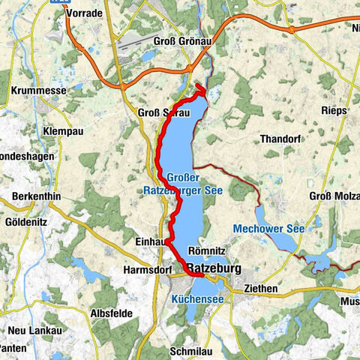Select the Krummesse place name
click(x=36, y=89)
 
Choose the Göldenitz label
click(x=27, y=223)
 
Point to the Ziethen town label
click(x=261, y=288)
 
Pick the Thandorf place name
click(x=279, y=139)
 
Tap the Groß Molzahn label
click(x=334, y=196)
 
